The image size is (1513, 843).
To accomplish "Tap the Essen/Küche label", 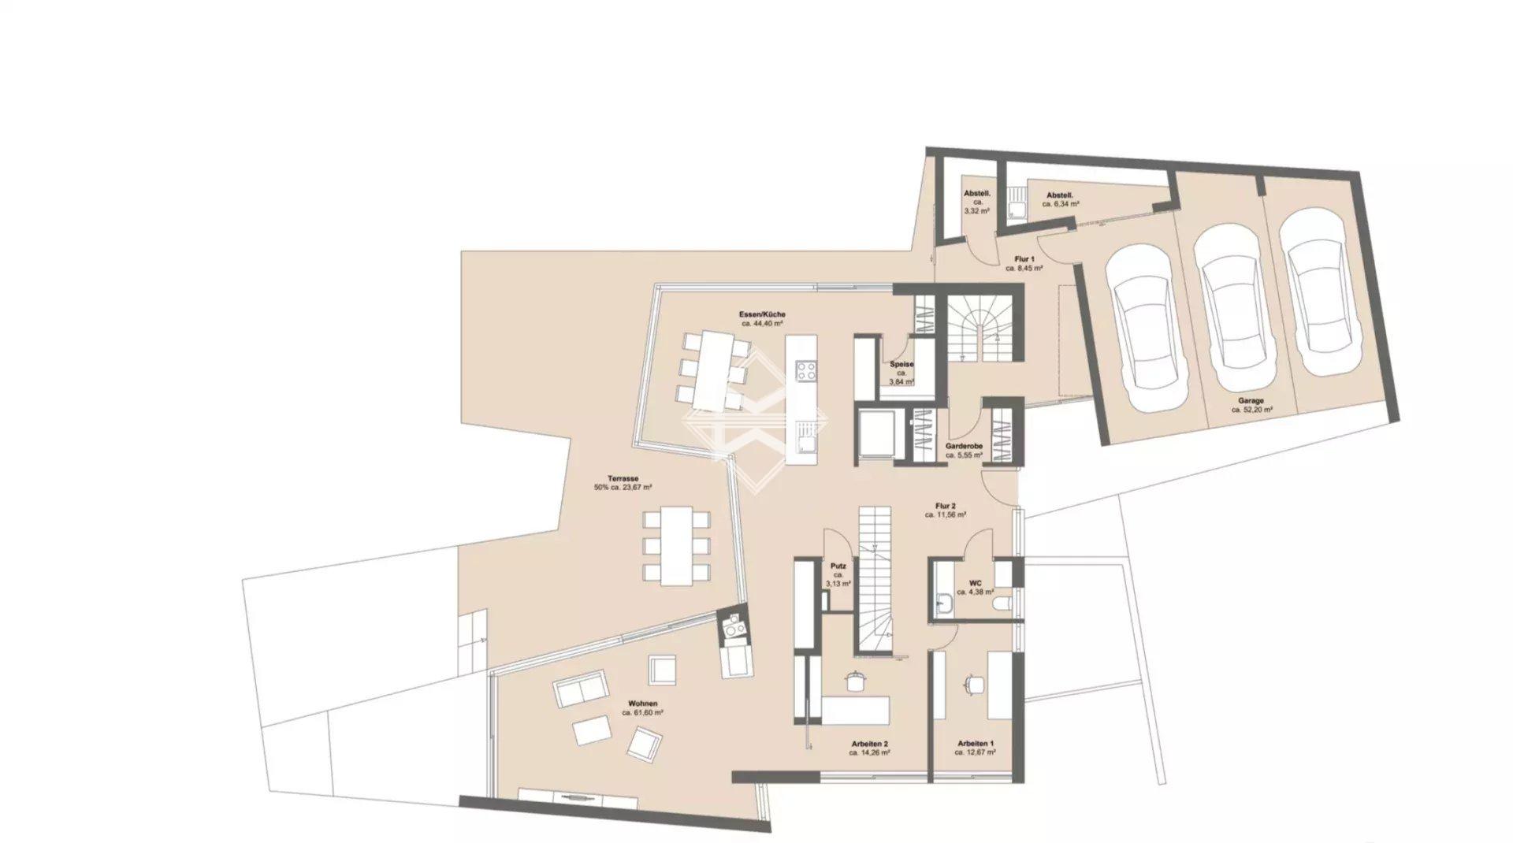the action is (x=762, y=314).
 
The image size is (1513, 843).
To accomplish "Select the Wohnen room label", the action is (x=642, y=704).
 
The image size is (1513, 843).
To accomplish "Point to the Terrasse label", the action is (x=623, y=478).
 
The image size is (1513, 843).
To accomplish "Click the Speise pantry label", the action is (x=901, y=365).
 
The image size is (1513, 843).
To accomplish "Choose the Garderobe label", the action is (x=964, y=447).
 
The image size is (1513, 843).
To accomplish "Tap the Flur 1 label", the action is (x=1024, y=259).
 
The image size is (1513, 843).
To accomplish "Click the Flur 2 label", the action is (x=946, y=506).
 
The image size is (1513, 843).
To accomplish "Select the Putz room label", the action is (x=838, y=566).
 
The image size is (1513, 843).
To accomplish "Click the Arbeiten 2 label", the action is (x=870, y=744).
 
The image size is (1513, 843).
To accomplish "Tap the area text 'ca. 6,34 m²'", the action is (x=1061, y=203).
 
